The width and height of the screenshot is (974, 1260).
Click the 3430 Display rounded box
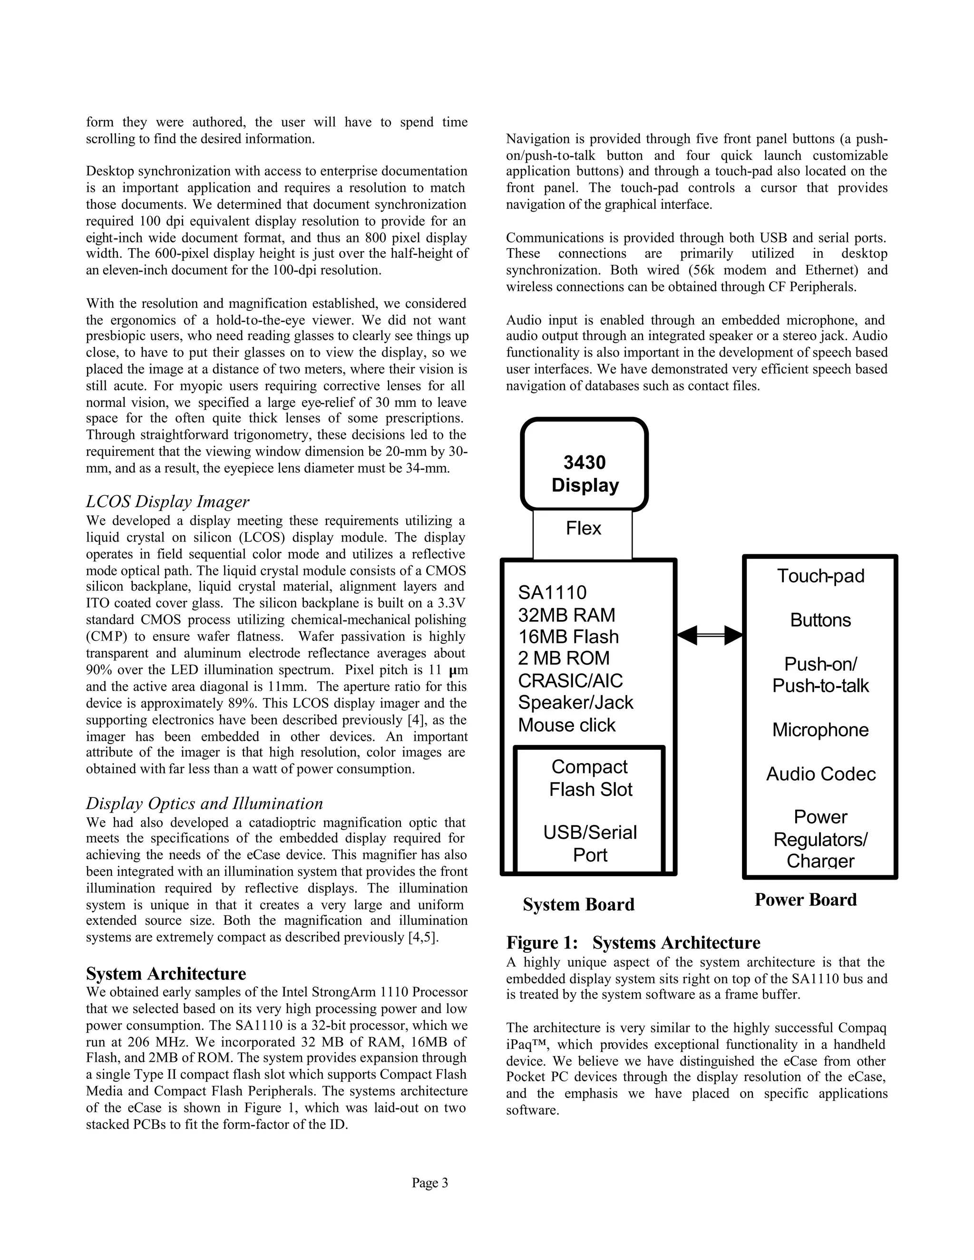point(584,473)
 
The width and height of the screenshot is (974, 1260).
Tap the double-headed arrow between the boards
point(709,635)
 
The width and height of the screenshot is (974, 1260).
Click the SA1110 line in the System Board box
point(552,592)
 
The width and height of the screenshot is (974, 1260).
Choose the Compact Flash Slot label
point(590,778)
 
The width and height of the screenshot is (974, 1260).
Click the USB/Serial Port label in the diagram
point(590,843)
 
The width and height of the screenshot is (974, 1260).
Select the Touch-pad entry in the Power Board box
point(820,576)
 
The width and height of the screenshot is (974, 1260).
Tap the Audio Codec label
point(820,774)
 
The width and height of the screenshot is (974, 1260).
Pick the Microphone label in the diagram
point(820,730)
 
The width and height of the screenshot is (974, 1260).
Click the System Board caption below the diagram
point(578,904)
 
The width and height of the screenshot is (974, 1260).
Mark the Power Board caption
point(806,900)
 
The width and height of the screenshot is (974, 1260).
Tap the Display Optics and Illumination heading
point(204,803)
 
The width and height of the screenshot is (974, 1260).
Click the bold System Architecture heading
point(166,973)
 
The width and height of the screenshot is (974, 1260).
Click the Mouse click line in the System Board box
point(566,725)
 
